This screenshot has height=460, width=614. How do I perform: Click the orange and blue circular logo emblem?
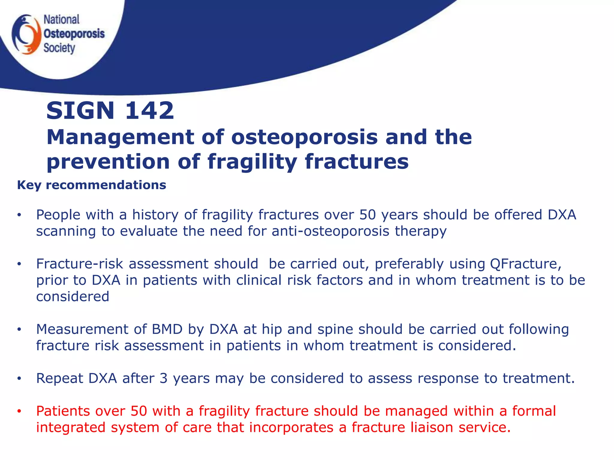(x=26, y=34)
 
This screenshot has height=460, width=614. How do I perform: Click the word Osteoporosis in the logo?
(x=74, y=34)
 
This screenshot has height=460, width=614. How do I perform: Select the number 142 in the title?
(x=149, y=111)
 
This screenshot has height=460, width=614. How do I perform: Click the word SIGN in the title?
(x=80, y=111)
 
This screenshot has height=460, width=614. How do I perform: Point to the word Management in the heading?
(x=120, y=137)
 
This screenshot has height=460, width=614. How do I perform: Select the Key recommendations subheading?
(x=91, y=185)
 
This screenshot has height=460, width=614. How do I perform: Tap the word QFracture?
(x=525, y=264)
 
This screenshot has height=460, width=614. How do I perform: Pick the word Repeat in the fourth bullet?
(x=59, y=378)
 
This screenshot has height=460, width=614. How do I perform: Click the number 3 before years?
(x=163, y=378)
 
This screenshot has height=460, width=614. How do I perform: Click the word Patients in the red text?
(x=63, y=411)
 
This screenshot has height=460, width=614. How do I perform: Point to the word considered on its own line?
(x=73, y=297)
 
